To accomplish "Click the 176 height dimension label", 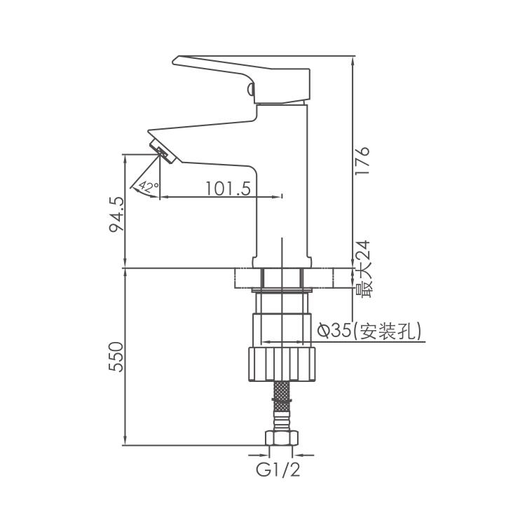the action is (x=362, y=160).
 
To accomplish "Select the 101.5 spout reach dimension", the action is (x=228, y=189).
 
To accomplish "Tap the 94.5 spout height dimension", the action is (x=116, y=214).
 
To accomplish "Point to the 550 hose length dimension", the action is (x=116, y=357).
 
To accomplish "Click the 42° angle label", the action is (x=148, y=186).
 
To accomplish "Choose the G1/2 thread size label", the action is (x=278, y=470).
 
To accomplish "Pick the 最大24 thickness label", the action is (x=363, y=269).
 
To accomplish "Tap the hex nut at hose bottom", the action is (x=282, y=438).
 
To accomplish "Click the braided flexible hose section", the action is (x=282, y=406).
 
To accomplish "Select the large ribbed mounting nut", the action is (x=282, y=364).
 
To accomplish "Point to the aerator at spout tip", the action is (x=163, y=151).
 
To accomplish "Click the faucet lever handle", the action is (x=241, y=79).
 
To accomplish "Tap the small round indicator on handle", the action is (x=251, y=89).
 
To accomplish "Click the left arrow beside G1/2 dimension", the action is (x=258, y=455).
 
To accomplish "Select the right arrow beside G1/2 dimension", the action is (x=303, y=455).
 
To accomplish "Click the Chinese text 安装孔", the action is (x=386, y=331).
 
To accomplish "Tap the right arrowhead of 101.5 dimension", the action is (x=276, y=197).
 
